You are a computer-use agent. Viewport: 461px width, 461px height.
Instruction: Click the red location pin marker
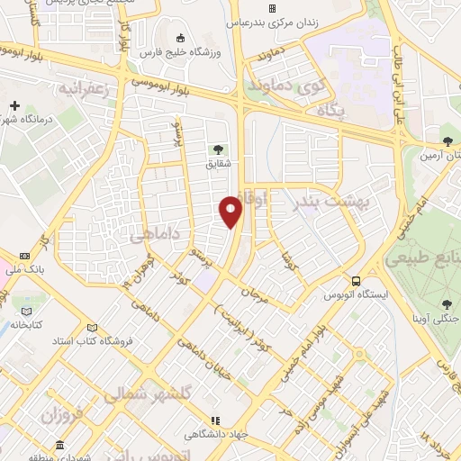pyautogui.click(x=231, y=211)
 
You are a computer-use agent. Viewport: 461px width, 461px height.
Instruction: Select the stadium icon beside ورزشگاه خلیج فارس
pyautogui.click(x=181, y=38)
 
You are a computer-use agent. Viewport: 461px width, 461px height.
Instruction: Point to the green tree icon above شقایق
pyautogui.click(x=216, y=149)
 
